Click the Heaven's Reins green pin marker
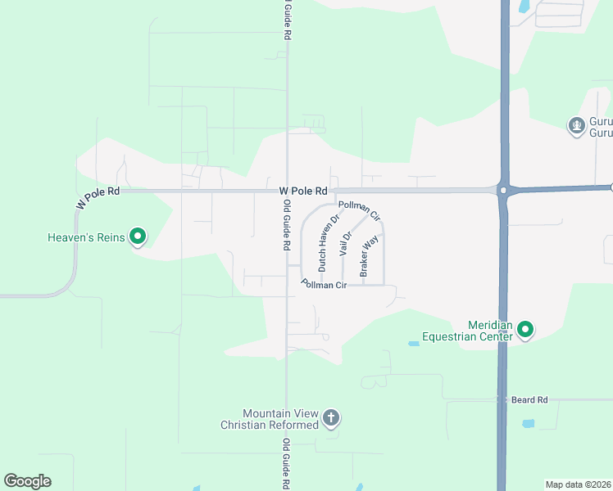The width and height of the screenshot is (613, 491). coord(138,237)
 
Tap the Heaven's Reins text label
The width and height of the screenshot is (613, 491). coord(85,238)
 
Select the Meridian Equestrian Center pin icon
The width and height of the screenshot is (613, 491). coord(525,331)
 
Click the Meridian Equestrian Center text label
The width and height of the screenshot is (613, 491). coord(467,330)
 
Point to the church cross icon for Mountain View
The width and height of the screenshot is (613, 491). coord(330,419)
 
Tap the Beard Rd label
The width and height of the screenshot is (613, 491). coord(529,400)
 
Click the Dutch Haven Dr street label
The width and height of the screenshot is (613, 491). coord(329,243)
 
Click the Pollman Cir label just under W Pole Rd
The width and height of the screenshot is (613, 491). coord(360,211)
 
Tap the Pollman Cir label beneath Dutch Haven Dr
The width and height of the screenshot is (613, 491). coord(325,285)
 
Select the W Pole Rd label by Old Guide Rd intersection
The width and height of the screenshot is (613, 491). coord(303,191)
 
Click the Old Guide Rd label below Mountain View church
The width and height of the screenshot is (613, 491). coord(287,463)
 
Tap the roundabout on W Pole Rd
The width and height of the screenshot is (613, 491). coord(502,190)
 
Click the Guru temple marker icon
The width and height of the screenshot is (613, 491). coord(576,125)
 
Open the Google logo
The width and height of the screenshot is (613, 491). coord(27,481)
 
